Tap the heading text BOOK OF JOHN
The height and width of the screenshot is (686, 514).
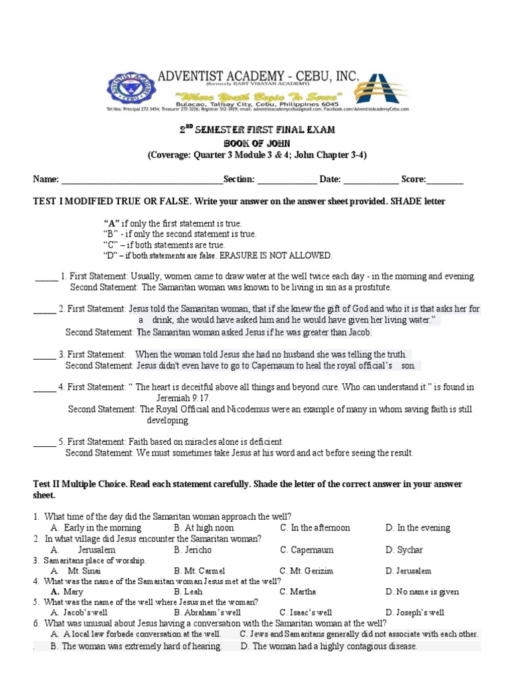257,143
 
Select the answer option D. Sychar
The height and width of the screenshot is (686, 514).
404,550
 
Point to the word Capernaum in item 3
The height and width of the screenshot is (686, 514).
252,366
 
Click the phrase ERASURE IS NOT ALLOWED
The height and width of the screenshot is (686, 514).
276,256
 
